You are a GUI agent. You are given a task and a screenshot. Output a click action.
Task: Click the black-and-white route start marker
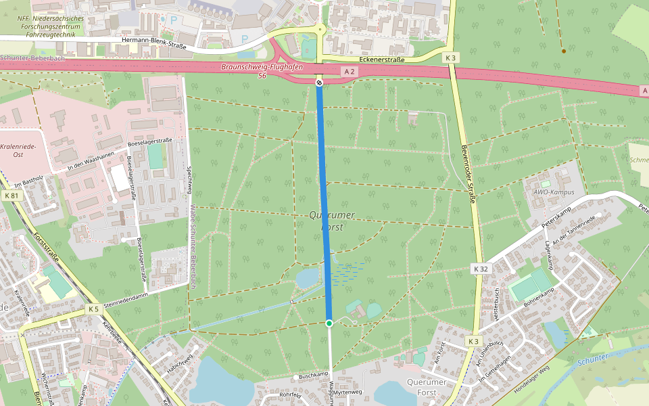pos(319,82)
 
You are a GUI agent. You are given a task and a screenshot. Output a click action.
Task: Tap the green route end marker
pos(329,323)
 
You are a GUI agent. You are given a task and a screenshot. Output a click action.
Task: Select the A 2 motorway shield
pos(349,71)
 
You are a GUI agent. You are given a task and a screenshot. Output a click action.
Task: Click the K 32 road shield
pos(480,269)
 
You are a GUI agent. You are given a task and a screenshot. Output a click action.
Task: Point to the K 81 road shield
pos(11,195)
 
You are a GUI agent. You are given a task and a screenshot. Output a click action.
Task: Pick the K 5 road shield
pos(93,309)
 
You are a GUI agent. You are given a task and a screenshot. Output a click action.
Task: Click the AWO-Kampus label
pos(553,192)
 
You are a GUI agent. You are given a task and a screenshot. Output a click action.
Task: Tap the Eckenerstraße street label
pos(382,60)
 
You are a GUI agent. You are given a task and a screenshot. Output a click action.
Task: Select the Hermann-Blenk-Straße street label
pos(153,40)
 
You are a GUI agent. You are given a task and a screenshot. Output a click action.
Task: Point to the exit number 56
pos(262,76)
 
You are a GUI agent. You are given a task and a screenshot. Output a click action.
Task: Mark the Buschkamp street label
pos(313,374)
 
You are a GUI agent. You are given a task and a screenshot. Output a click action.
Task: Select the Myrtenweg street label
pos(347,392)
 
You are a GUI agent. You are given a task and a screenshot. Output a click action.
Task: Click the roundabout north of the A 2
pos(320,29)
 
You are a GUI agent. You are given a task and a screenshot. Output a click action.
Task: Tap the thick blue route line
pos(324,203)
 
